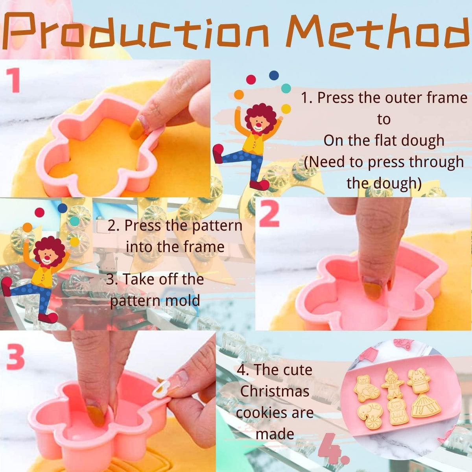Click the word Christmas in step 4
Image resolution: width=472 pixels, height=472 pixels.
click(x=275, y=391)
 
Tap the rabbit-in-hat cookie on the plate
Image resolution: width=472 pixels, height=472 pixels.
click(x=419, y=379)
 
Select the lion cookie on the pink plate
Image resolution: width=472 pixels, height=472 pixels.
click(x=398, y=411)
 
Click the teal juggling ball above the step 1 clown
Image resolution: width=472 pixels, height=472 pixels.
click(x=286, y=88)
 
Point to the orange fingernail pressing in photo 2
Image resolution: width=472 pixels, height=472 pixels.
click(x=372, y=291)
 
